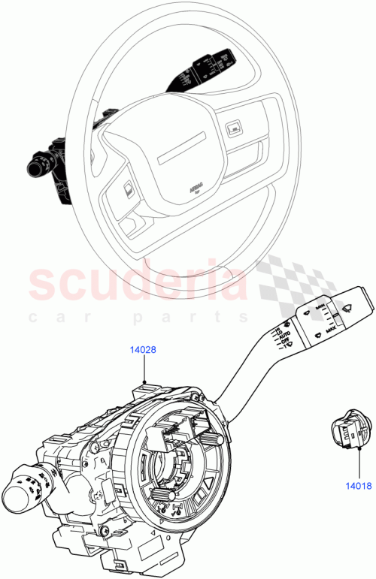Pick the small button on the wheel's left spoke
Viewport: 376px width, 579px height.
(129, 188)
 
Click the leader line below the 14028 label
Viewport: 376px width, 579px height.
(143, 368)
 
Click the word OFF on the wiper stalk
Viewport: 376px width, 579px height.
(286, 346)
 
